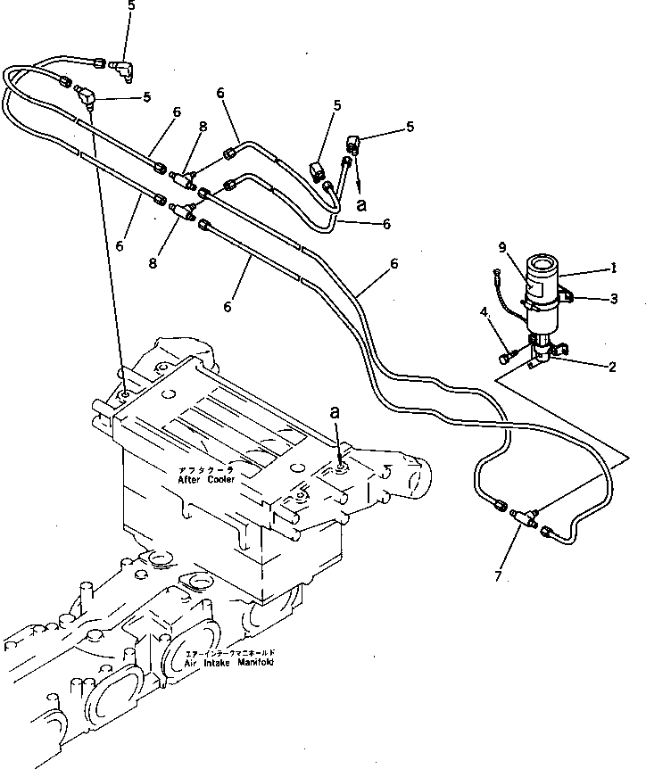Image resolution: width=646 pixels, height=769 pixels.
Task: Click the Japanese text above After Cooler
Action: click(x=204, y=469)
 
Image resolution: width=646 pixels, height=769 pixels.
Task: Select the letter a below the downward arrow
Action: click(x=360, y=203)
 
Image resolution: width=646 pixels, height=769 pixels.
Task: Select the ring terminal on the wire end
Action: click(x=496, y=272)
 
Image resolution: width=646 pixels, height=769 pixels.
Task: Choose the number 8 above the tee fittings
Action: click(x=204, y=127)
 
